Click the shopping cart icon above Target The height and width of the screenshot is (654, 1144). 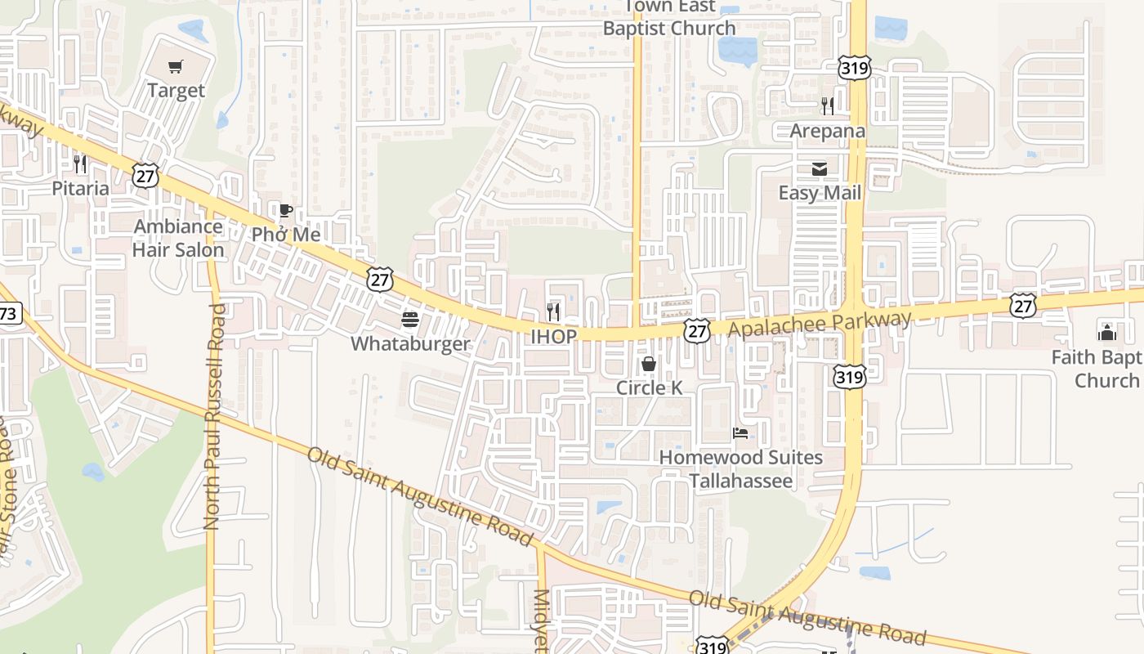(x=176, y=66)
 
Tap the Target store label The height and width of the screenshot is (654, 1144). (x=176, y=90)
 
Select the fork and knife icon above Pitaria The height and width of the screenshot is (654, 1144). (x=80, y=164)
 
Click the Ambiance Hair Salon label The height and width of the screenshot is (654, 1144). (x=178, y=238)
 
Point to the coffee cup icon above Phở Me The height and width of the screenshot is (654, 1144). (x=285, y=211)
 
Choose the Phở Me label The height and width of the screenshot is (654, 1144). (x=286, y=235)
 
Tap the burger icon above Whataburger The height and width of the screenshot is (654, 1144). (x=410, y=320)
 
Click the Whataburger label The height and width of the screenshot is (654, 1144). (x=410, y=343)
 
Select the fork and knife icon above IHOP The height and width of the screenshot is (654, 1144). (x=553, y=311)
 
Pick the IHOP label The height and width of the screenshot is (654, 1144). (x=553, y=336)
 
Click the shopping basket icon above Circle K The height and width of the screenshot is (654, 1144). (x=649, y=364)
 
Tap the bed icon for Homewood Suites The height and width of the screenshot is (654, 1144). (x=740, y=432)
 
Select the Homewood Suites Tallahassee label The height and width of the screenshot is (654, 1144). (x=741, y=468)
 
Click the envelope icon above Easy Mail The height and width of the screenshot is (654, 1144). (x=820, y=169)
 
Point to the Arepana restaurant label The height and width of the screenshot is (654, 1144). (x=827, y=131)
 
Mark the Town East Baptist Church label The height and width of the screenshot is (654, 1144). (x=669, y=18)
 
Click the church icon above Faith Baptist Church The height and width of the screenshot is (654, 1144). (x=1107, y=332)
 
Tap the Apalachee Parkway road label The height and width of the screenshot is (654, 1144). (x=819, y=323)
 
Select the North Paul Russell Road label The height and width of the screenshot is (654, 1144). (x=214, y=417)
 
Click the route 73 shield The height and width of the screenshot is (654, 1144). (x=8, y=313)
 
